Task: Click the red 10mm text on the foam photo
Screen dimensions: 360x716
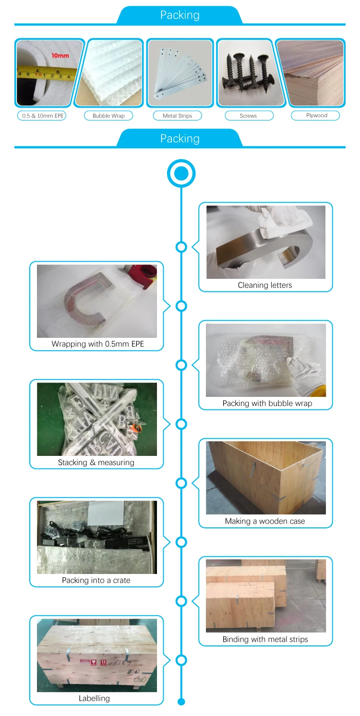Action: [x=60, y=56]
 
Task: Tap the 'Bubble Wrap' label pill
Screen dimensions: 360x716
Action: [x=108, y=116]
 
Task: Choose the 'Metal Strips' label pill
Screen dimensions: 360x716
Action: [x=177, y=116]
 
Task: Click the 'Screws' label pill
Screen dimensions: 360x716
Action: [x=248, y=116]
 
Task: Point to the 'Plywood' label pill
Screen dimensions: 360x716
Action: [x=316, y=115]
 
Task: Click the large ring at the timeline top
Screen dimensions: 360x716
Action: [x=181, y=173]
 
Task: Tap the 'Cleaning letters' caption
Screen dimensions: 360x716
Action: [x=265, y=285]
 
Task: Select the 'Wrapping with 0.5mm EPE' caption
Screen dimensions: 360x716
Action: [x=98, y=344]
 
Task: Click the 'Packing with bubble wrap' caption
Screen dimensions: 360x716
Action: [x=267, y=403]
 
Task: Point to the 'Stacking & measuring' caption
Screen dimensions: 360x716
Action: [x=96, y=463]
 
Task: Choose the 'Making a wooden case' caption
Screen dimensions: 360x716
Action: [x=265, y=521]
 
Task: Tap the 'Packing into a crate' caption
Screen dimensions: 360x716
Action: [x=96, y=580]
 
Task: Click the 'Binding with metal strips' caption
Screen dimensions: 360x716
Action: [x=265, y=639]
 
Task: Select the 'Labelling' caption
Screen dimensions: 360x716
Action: [x=94, y=698]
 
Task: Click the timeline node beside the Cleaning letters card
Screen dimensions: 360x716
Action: [x=181, y=247]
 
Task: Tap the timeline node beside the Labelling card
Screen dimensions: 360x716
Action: [x=181, y=660]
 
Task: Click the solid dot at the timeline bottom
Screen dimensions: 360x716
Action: [x=181, y=702]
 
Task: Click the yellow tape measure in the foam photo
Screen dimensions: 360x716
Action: [x=43, y=74]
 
